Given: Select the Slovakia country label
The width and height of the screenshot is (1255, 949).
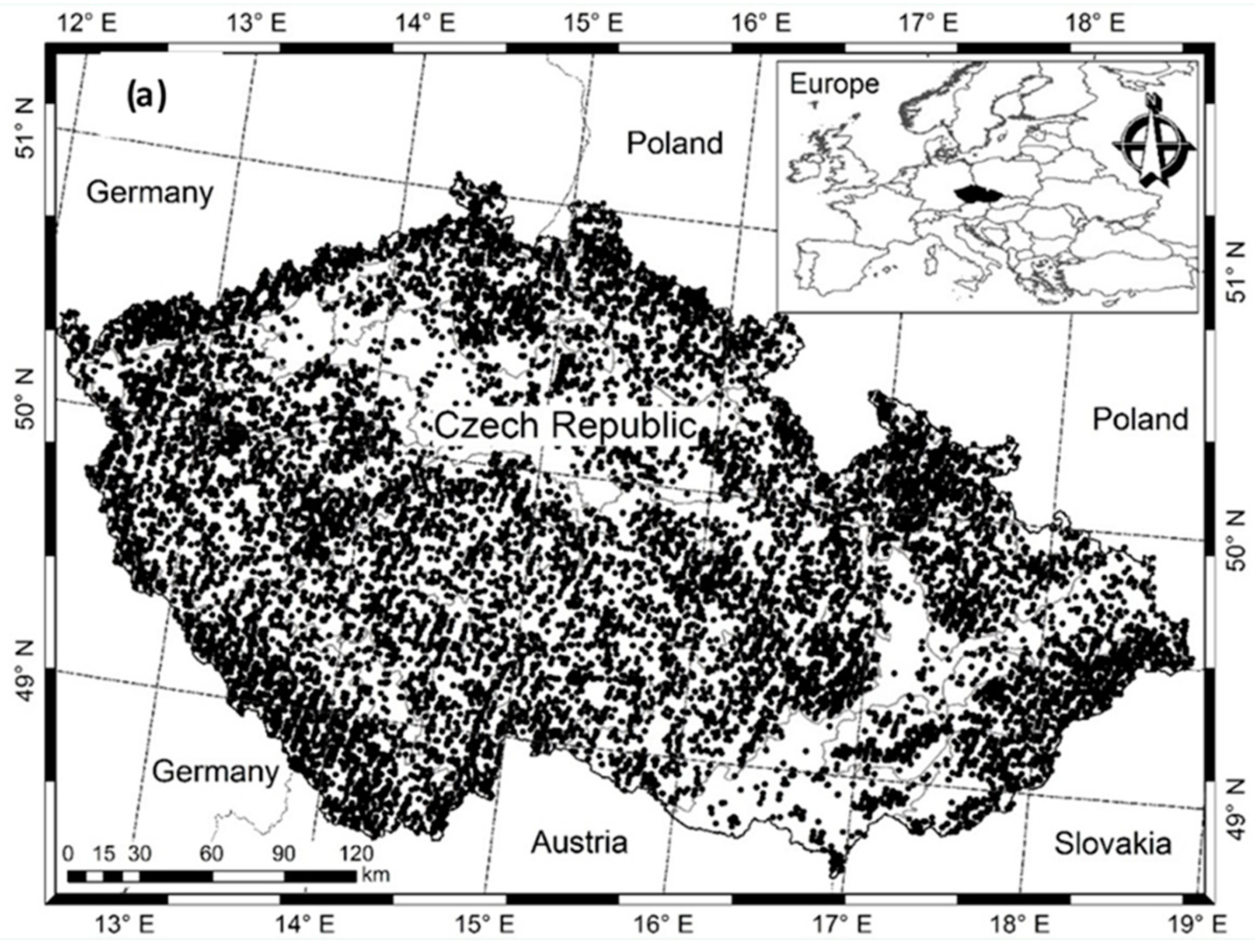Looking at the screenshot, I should click(x=1112, y=844).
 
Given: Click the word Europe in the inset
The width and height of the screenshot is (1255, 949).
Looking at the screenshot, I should click(x=834, y=84).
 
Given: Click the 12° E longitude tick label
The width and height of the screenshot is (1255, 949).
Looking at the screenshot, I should click(x=87, y=23).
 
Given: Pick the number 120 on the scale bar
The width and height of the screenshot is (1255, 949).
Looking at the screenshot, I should click(x=356, y=854).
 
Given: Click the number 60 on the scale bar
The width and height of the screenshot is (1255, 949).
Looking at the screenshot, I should click(x=211, y=854).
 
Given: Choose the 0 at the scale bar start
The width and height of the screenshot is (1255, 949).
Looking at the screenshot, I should click(x=69, y=854).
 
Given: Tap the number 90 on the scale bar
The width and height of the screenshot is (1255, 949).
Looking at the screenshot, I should click(x=283, y=854).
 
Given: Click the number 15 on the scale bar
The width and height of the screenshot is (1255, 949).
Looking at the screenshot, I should click(x=104, y=854).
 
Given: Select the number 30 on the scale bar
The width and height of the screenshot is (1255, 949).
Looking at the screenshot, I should click(x=139, y=854).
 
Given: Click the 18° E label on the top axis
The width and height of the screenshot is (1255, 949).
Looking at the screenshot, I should click(x=1095, y=23).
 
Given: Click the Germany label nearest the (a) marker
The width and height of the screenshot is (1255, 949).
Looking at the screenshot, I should click(x=150, y=193).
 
